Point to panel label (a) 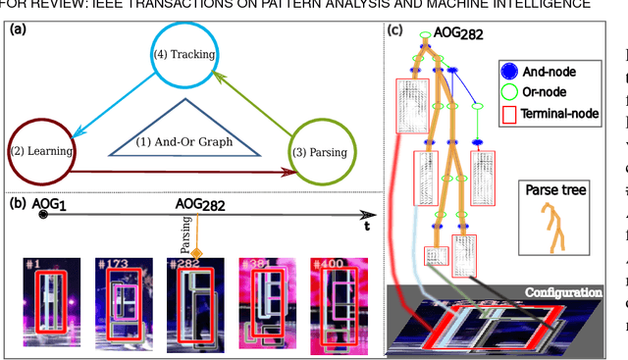click(x=17, y=29)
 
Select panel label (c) click(x=395, y=29)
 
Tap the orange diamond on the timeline click(x=196, y=255)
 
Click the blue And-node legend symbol click(x=507, y=72)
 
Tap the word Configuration click(x=562, y=293)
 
